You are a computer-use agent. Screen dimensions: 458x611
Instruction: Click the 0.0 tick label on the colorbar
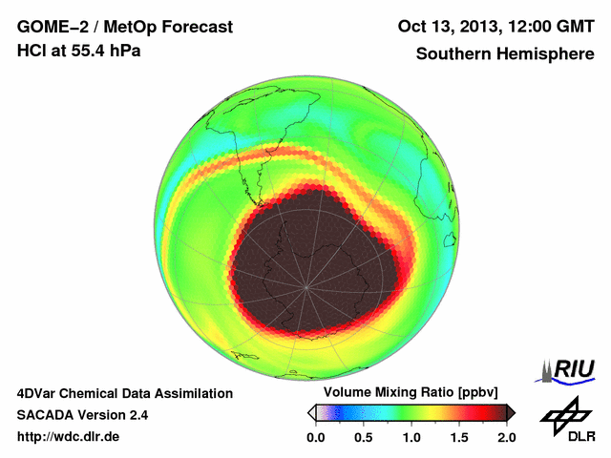coord(315,437)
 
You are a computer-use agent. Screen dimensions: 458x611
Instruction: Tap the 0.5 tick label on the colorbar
coord(363,437)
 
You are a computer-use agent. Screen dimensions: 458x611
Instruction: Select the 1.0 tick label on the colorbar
coord(411,437)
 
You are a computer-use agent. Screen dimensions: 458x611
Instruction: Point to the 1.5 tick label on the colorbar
coord(458,437)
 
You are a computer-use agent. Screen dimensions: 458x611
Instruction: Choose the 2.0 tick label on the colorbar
coord(506,437)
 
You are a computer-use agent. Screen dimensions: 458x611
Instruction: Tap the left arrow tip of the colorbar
coord(310,412)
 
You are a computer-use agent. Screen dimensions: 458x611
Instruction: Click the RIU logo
coord(569,370)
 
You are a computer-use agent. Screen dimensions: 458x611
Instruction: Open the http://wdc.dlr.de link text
coord(69,437)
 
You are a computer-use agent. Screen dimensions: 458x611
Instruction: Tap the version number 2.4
coord(137,415)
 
